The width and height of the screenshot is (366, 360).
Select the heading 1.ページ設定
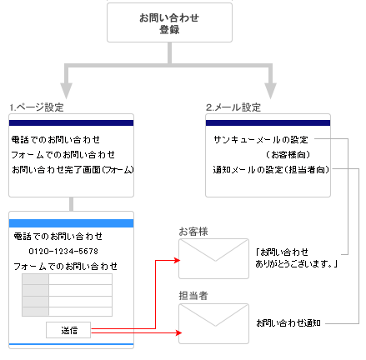click(x=38, y=107)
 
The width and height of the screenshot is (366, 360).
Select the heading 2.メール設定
click(x=233, y=107)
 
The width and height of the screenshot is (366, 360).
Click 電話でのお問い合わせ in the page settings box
click(x=56, y=139)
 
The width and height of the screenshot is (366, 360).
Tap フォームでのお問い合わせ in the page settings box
click(x=63, y=154)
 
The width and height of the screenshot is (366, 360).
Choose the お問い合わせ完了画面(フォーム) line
click(x=73, y=169)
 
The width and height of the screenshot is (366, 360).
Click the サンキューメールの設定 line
click(x=261, y=139)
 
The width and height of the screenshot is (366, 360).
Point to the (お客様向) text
click(x=286, y=154)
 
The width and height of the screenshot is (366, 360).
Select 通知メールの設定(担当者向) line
click(x=270, y=169)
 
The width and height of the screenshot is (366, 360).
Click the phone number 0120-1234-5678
click(x=63, y=251)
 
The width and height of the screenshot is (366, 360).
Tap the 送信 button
click(x=69, y=330)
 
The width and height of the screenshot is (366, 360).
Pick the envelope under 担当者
click(x=212, y=323)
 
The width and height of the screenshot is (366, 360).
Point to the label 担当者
click(x=193, y=295)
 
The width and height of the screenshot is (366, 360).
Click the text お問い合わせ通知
click(x=288, y=322)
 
